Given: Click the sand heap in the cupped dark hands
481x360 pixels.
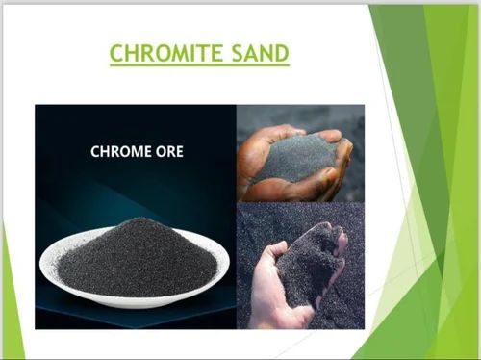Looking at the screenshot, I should pos(293,159).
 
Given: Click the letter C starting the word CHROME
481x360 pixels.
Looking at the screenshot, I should pos(95,151).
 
